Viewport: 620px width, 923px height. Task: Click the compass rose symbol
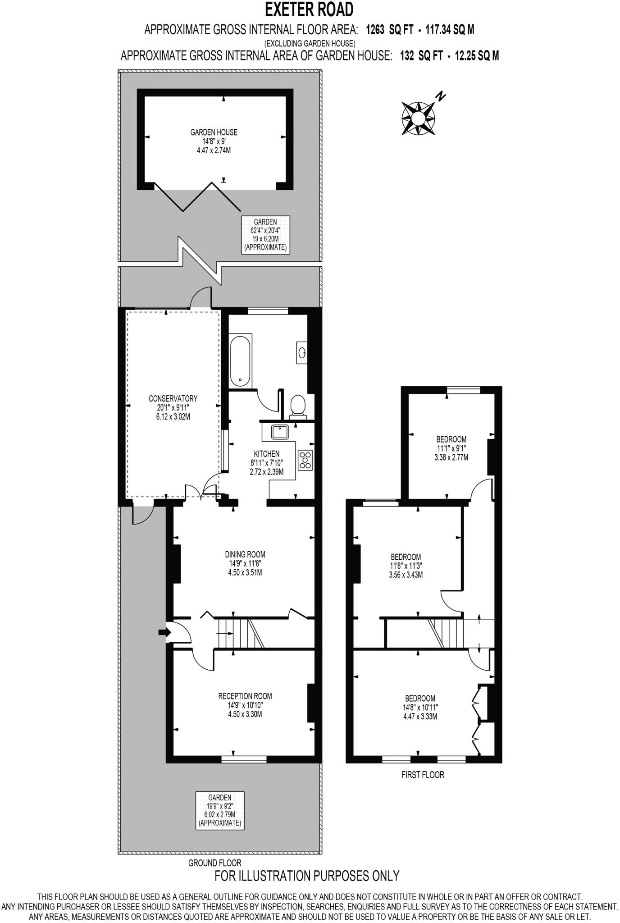(x=418, y=119)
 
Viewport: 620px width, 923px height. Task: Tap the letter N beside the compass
(x=440, y=96)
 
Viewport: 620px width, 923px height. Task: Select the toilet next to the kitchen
(x=297, y=405)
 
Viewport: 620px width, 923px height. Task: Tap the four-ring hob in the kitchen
(x=305, y=460)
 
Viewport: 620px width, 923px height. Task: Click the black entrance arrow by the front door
(x=164, y=632)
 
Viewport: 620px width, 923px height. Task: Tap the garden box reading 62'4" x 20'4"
(x=265, y=234)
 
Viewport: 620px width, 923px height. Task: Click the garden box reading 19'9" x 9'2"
(x=220, y=810)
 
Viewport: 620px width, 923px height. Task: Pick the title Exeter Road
(x=309, y=9)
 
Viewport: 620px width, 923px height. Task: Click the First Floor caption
(x=423, y=775)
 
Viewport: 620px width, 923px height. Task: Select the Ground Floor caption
(x=214, y=863)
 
